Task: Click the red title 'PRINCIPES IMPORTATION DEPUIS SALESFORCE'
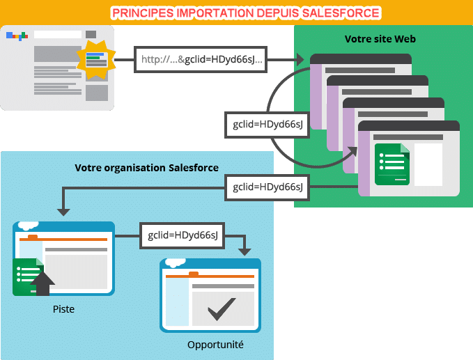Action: [246, 13]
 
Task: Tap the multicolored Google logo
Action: [17, 36]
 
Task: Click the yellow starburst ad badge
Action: [96, 59]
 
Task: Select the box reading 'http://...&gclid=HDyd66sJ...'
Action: [201, 59]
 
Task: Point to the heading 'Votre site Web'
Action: [380, 39]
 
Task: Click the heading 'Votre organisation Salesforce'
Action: [146, 168]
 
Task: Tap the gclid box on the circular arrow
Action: [267, 125]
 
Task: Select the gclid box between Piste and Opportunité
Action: [183, 235]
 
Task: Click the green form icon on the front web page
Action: [392, 164]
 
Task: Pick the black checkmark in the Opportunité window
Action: [222, 308]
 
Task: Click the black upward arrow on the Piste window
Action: [42, 283]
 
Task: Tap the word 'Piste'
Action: [63, 309]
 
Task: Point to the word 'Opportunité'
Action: [215, 345]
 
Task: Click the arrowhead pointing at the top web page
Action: [300, 59]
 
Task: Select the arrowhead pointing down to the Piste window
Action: [63, 212]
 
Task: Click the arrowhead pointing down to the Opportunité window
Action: [245, 252]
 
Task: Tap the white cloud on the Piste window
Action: [29, 225]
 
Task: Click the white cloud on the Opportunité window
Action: [176, 263]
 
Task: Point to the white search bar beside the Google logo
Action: [58, 34]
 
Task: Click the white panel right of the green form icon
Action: [428, 164]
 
